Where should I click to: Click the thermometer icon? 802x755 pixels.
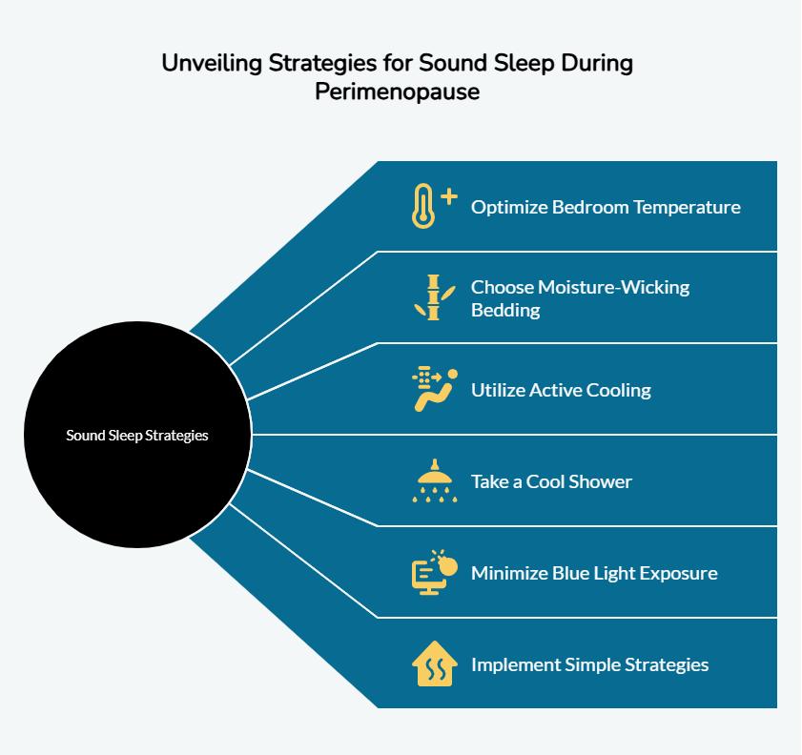point(423,206)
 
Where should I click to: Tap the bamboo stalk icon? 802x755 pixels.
point(434,297)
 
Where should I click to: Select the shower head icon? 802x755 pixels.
point(435,480)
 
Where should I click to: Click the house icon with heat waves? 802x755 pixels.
point(435,663)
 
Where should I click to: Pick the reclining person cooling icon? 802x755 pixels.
point(435,390)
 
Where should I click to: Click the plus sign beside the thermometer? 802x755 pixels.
point(449,196)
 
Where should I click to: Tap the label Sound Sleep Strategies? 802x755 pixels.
point(137,436)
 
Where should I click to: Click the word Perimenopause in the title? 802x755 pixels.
point(398,92)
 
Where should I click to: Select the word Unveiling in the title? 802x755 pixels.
point(212,63)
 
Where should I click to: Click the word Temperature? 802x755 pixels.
point(687,208)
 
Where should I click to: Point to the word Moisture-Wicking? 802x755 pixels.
point(613,287)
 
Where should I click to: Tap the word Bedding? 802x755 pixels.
point(505,310)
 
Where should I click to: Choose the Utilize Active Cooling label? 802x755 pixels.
point(561,391)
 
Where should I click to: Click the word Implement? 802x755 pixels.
point(516,665)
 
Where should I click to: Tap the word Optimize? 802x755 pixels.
point(509,208)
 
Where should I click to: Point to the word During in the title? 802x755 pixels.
point(597,63)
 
